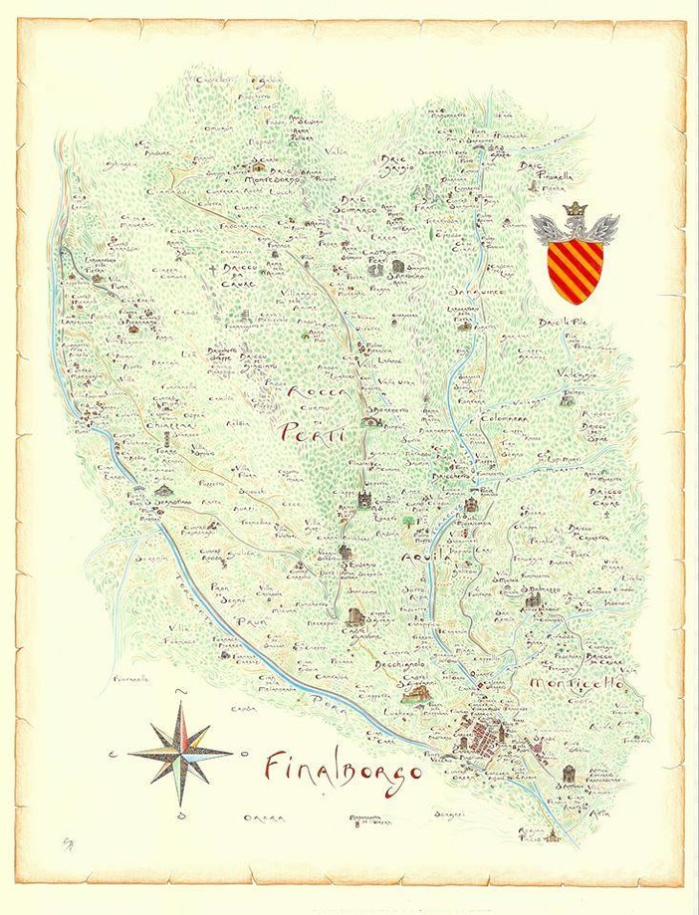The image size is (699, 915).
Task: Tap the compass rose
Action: [182, 752]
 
